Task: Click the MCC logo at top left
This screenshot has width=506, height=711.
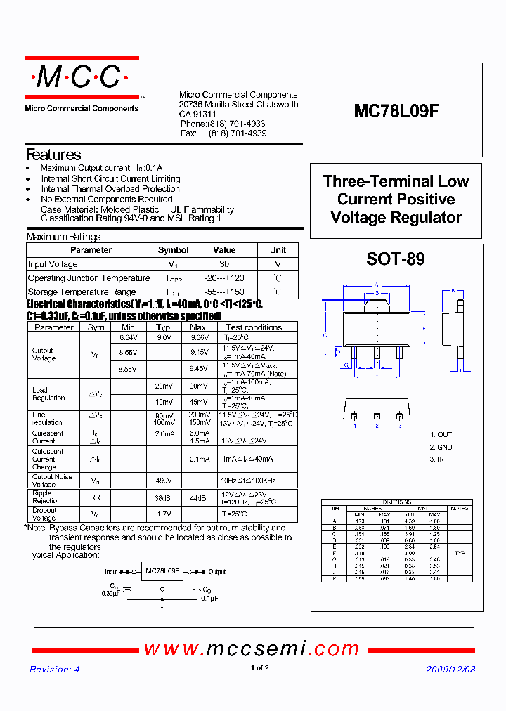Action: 82,77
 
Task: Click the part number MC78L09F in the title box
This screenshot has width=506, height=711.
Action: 396,110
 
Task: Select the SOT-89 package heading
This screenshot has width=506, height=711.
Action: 396,259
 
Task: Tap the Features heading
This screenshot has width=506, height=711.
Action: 53,155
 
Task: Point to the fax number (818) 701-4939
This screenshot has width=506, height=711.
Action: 238,133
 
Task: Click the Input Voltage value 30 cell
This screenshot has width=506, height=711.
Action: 224,264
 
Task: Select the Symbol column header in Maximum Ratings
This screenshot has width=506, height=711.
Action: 173,250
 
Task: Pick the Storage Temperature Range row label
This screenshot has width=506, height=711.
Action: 82,292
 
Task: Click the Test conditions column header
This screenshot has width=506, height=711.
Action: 254,327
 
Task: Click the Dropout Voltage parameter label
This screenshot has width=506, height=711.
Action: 44,514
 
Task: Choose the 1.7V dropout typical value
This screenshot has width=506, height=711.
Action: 163,514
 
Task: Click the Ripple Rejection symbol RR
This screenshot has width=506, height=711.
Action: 95,497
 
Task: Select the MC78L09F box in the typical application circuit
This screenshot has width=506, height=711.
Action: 163,572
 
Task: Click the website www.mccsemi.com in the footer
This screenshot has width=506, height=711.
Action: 252,648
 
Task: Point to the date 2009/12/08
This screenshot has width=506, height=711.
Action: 450,669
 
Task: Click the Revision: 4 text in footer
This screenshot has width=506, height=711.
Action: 55,669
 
